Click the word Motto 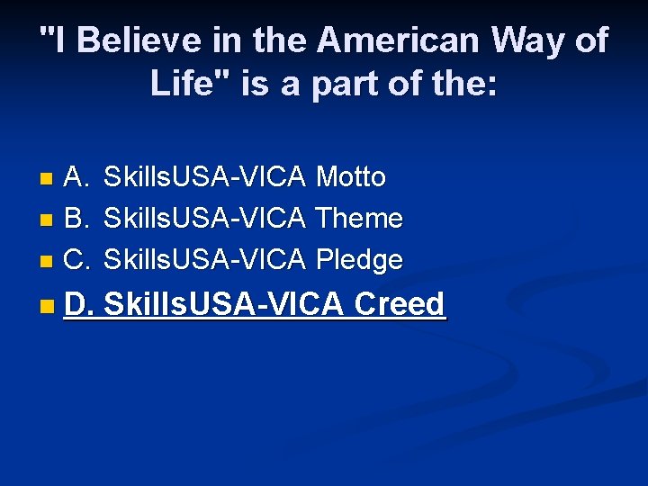pyautogui.click(x=351, y=177)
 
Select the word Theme pyautogui.click(x=359, y=218)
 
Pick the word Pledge pyautogui.click(x=359, y=259)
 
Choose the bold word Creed pyautogui.click(x=400, y=304)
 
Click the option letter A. pyautogui.click(x=76, y=177)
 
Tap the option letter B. pyautogui.click(x=76, y=218)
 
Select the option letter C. pyautogui.click(x=76, y=259)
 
